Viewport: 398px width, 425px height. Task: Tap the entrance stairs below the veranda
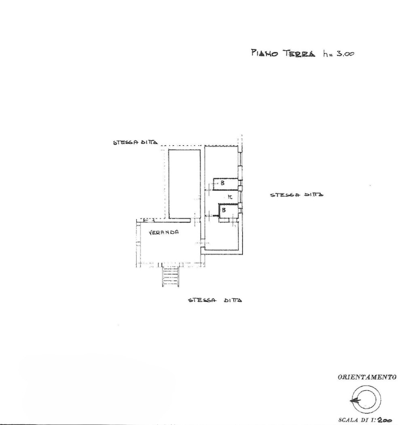(170, 276)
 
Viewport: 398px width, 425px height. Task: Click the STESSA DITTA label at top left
(135, 142)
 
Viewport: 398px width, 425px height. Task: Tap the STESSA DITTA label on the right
(297, 195)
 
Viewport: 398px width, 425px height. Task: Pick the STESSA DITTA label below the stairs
(215, 300)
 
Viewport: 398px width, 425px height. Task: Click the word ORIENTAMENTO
(367, 377)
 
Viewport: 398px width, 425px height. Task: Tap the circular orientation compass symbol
(366, 400)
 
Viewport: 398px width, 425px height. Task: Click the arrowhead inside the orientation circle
(353, 400)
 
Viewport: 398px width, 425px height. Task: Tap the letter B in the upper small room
(222, 184)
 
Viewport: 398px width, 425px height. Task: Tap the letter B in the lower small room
(224, 210)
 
